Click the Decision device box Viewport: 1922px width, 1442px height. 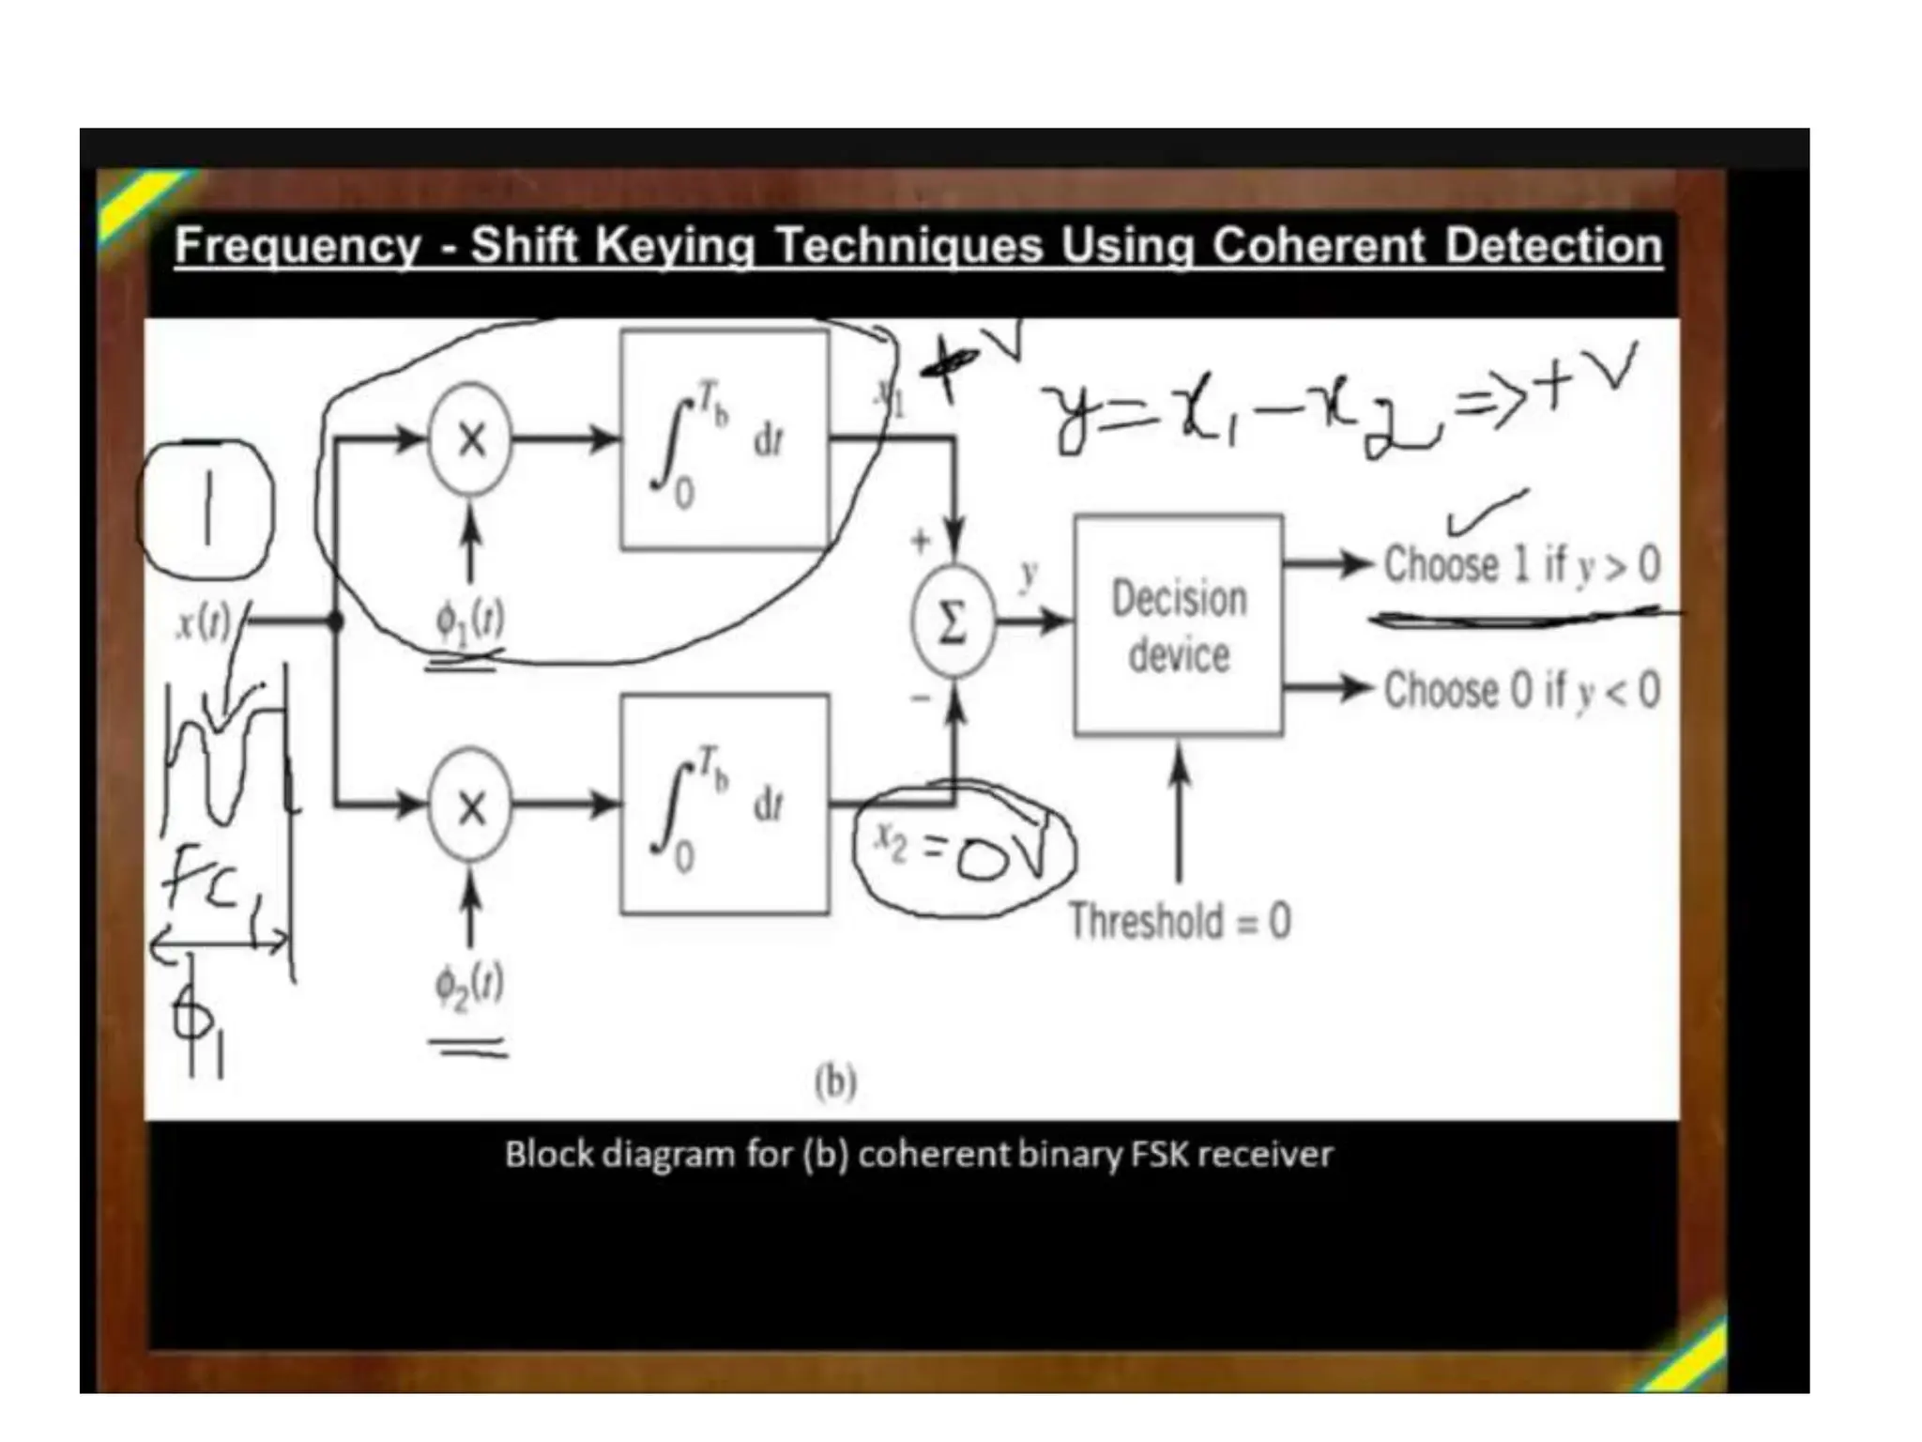click(1178, 624)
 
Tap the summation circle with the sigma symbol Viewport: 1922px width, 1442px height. click(952, 621)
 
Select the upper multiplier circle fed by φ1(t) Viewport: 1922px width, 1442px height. click(470, 438)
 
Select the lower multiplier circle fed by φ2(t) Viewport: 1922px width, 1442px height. click(470, 805)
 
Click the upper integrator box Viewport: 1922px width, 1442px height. click(725, 439)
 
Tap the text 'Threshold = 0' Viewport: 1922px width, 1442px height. click(1180, 921)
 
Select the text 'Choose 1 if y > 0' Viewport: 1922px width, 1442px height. click(1521, 565)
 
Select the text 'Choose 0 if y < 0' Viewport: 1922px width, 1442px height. click(1521, 691)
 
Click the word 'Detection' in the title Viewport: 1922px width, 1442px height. click(1552, 246)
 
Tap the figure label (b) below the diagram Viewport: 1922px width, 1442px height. click(835, 1081)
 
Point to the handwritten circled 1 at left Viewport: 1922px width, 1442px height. click(206, 508)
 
